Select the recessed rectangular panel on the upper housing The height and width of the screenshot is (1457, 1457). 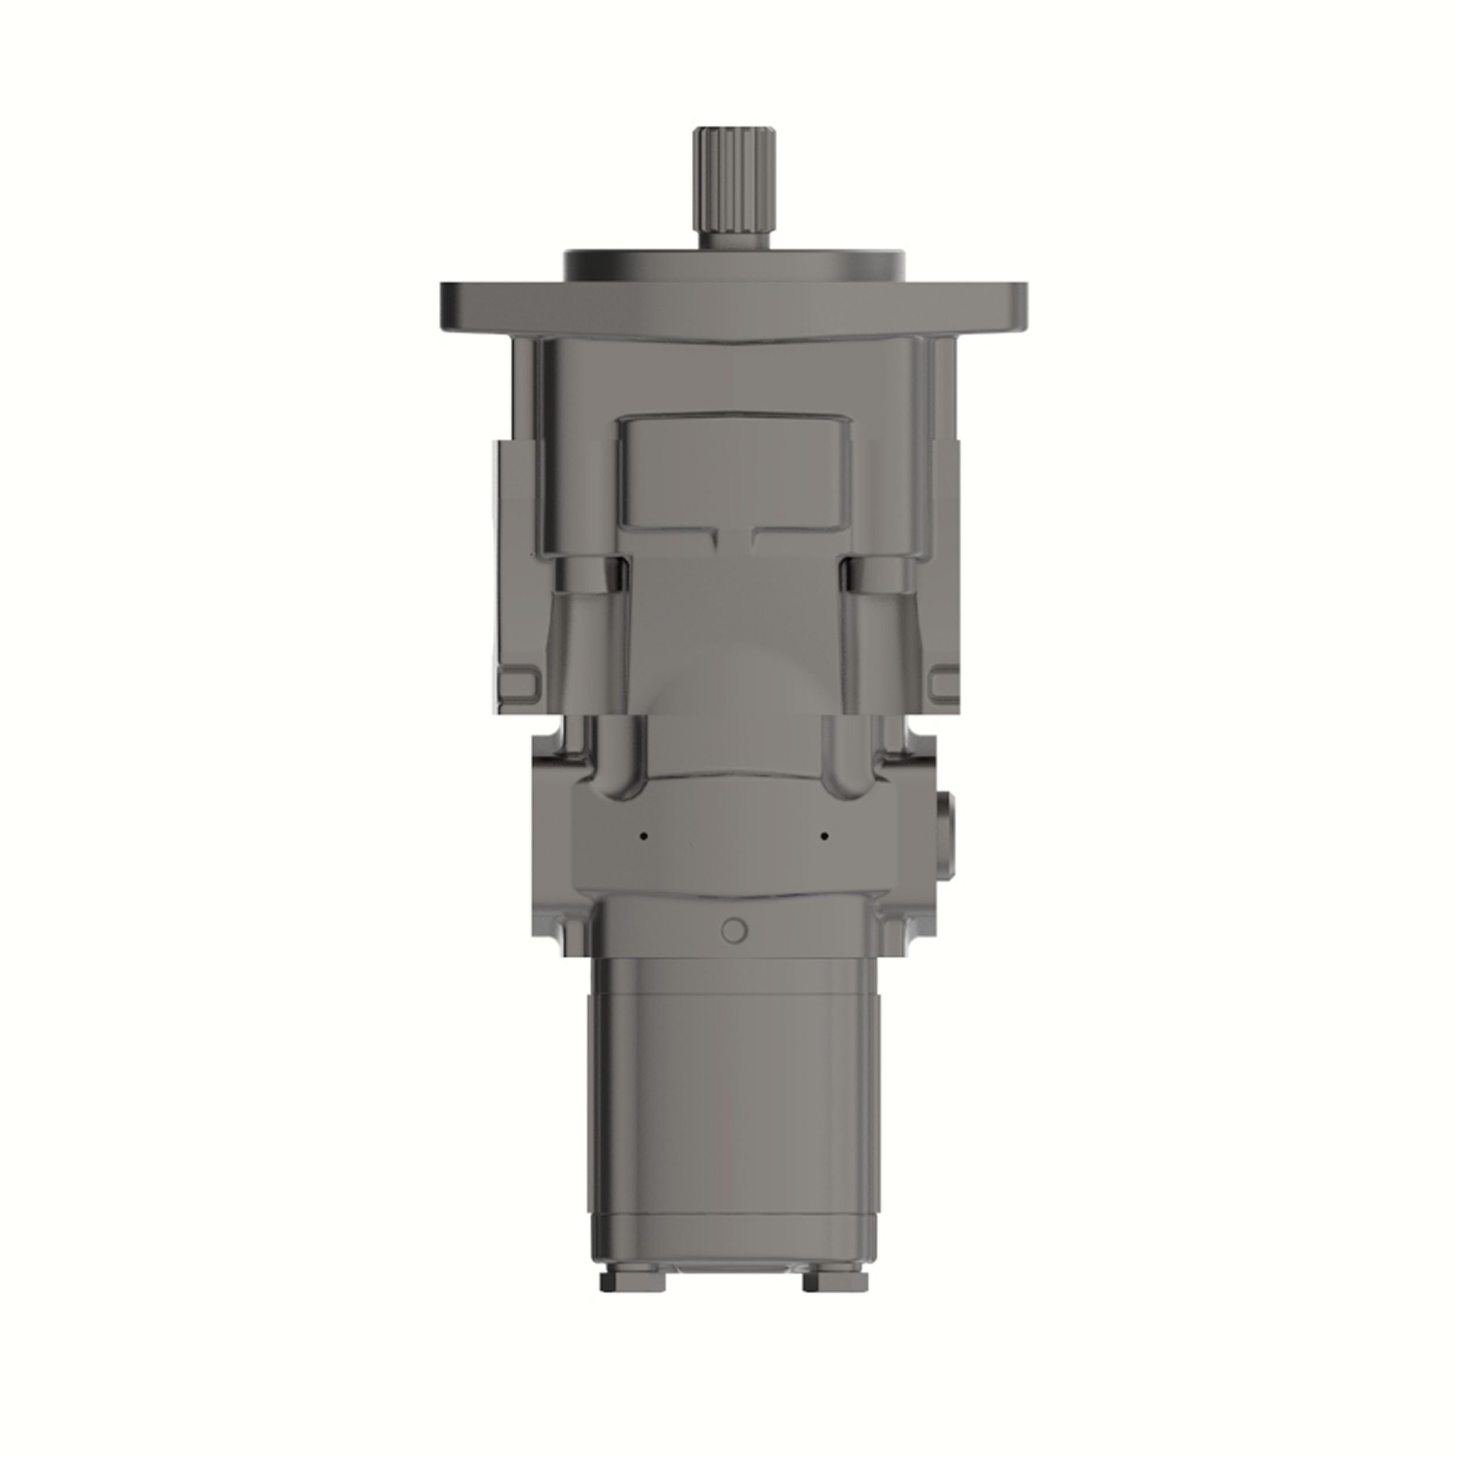(x=733, y=467)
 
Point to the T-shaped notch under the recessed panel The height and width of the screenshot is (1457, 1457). (x=733, y=536)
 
